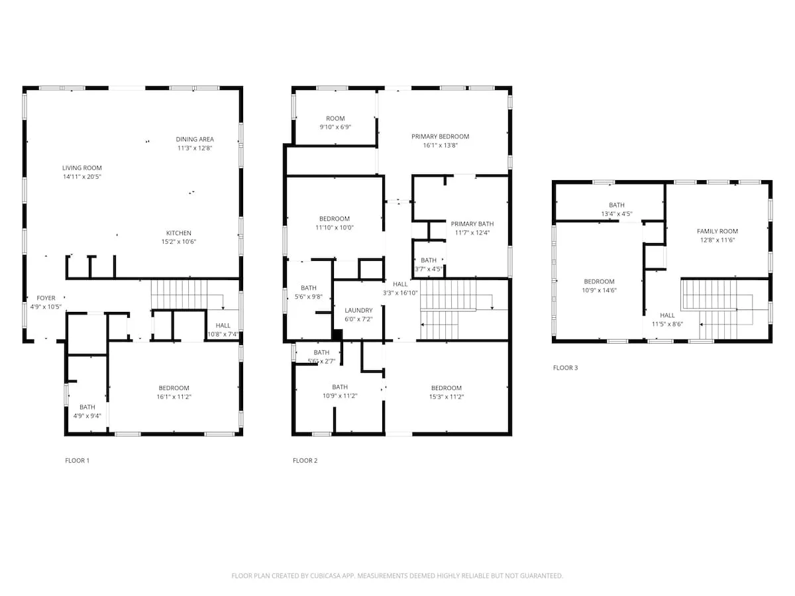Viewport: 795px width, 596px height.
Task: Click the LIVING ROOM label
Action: coord(82,168)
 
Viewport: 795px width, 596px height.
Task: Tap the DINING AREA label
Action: coord(195,139)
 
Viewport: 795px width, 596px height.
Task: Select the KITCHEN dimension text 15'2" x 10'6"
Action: coord(179,242)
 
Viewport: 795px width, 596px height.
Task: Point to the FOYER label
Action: coord(46,298)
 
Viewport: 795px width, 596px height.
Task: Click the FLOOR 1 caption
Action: coord(77,461)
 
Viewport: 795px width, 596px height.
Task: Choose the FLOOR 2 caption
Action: coord(305,461)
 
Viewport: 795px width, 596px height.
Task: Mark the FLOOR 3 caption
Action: coord(565,368)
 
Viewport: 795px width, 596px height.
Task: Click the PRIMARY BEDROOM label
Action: coord(441,137)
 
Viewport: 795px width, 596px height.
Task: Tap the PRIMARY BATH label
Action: coord(472,224)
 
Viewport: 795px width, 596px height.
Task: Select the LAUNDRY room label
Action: coord(358,311)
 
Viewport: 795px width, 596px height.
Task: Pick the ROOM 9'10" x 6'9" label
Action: coord(335,123)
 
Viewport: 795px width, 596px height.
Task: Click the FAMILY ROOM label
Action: coord(717,231)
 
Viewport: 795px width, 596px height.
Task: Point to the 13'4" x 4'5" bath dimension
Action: coord(617,214)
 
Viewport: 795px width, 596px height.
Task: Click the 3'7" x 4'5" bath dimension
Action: coord(429,270)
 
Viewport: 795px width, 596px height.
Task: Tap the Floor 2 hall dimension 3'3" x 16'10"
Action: coord(400,293)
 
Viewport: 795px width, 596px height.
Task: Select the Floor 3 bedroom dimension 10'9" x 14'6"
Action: coord(600,290)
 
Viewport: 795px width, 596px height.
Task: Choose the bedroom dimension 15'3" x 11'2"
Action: coord(447,397)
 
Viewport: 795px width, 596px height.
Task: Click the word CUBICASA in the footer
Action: coord(323,575)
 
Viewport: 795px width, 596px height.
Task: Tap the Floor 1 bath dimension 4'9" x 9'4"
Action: coord(87,416)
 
